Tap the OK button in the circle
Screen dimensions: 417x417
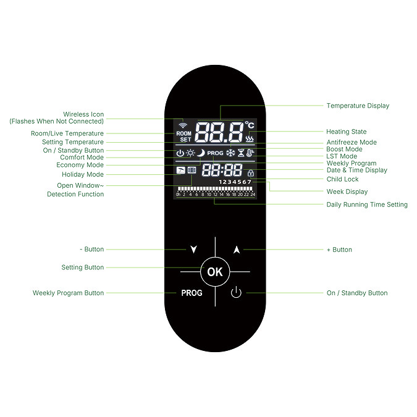click(214, 272)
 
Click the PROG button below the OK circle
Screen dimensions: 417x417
click(192, 293)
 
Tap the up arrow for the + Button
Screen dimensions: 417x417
click(236, 250)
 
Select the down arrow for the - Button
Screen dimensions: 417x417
click(194, 250)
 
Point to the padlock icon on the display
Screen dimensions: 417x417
click(250, 174)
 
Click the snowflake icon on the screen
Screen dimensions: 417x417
click(230, 153)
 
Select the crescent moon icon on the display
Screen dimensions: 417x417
click(200, 153)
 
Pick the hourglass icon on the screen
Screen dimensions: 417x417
click(241, 153)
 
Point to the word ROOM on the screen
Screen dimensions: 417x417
click(184, 133)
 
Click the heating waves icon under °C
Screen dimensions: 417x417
click(250, 139)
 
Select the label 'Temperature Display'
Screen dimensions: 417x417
click(358, 106)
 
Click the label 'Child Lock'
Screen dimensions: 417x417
click(342, 179)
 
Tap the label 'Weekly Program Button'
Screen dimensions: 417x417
click(68, 293)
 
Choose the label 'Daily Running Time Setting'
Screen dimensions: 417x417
click(367, 204)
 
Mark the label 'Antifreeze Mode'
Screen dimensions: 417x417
click(352, 143)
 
